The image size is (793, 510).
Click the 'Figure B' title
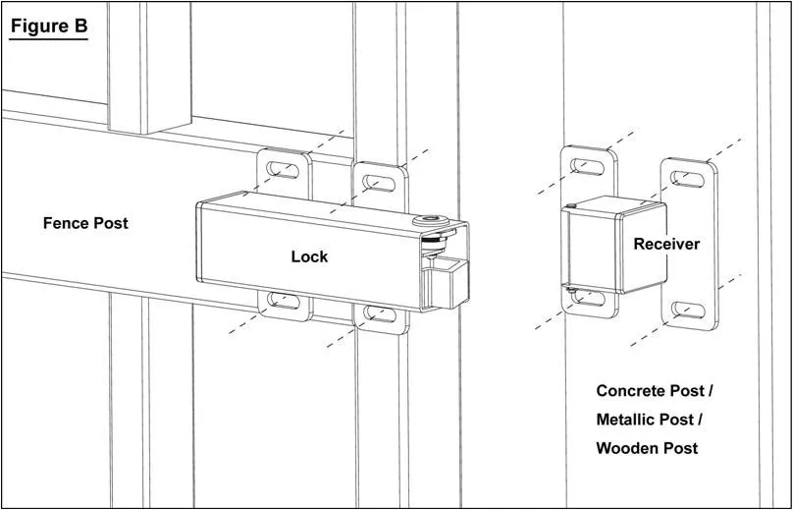(49, 26)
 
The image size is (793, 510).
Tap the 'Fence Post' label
(85, 223)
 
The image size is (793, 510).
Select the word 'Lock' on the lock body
(309, 256)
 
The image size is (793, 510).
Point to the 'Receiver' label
(666, 244)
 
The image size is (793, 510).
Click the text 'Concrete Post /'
(655, 391)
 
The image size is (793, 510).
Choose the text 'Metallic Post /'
(650, 420)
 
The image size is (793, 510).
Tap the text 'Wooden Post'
(648, 448)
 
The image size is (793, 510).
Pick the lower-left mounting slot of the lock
(285, 300)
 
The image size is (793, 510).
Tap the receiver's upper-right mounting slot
(692, 178)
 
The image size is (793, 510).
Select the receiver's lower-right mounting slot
(692, 313)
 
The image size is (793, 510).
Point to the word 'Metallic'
(636, 420)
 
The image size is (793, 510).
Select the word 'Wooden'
(628, 448)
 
